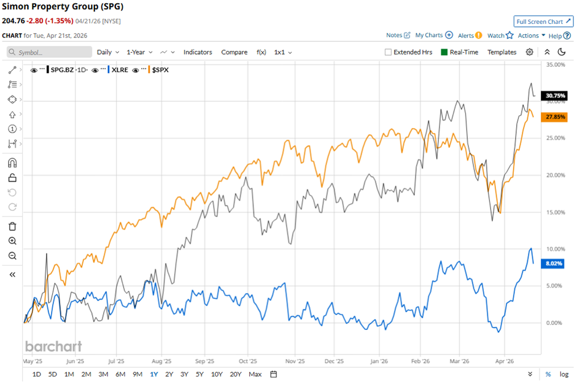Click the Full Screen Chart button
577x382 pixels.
543,21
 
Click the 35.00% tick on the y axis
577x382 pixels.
554,64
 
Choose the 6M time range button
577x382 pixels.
120,374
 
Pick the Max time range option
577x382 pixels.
255,374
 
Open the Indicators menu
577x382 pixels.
198,52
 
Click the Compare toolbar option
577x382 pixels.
234,52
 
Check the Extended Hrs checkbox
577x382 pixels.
388,52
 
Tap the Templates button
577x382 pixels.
501,52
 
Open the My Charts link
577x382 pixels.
433,36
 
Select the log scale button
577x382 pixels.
563,374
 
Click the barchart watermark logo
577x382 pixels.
53,346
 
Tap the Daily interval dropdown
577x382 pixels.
107,52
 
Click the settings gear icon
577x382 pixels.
529,52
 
